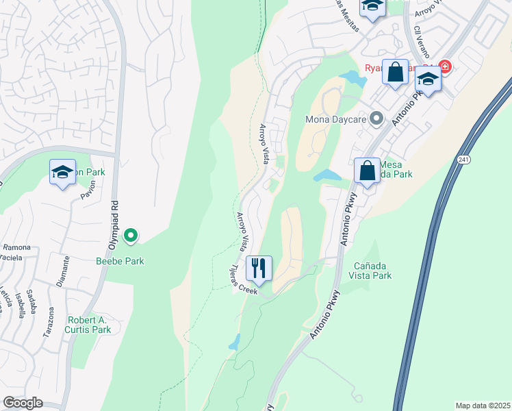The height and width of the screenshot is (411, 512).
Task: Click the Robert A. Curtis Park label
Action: point(89,325)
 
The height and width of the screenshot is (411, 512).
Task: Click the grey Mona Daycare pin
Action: point(376,119)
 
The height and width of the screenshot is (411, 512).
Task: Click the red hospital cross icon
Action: point(445,66)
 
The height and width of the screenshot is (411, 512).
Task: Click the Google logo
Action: point(23,403)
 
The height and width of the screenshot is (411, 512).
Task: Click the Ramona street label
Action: point(17,247)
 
